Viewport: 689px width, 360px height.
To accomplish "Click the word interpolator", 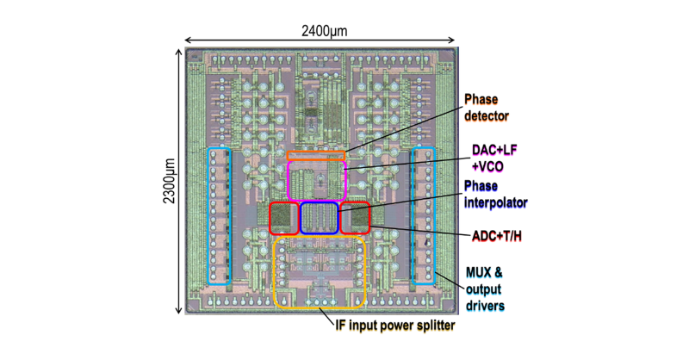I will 495,202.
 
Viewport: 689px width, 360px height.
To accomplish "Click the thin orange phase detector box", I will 315,156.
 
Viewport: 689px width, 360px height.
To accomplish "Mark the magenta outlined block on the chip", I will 315,180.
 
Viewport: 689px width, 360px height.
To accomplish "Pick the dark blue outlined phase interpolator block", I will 318,217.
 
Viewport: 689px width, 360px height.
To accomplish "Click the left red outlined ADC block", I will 283,218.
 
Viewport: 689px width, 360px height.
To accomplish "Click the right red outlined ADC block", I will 354,218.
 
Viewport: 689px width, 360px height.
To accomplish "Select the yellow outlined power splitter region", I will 320,271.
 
